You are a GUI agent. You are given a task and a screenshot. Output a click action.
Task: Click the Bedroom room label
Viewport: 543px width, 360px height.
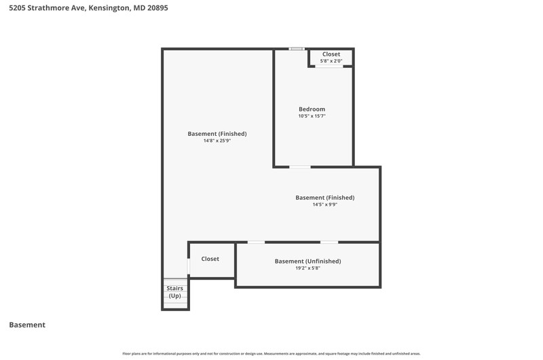[312, 109]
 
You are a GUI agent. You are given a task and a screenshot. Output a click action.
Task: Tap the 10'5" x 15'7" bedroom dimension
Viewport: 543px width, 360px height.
[312, 116]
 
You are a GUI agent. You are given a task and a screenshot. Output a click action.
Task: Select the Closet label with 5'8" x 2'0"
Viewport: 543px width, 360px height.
[331, 54]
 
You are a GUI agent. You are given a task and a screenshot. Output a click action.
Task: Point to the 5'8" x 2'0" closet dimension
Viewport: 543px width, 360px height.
[331, 61]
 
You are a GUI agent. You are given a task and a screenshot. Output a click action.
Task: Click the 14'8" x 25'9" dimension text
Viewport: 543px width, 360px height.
[217, 141]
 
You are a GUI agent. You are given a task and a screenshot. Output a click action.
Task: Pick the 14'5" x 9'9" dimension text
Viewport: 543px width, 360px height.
[325, 204]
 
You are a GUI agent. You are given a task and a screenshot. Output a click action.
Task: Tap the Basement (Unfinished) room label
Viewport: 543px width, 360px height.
[308, 262]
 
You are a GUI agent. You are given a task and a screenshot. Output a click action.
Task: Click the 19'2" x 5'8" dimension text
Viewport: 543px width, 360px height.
[308, 268]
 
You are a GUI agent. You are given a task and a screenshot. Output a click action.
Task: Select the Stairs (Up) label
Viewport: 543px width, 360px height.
[175, 292]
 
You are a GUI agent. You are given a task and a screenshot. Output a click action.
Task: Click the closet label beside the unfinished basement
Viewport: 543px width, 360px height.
[210, 259]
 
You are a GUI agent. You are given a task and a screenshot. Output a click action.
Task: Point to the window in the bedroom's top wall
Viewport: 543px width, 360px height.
[297, 49]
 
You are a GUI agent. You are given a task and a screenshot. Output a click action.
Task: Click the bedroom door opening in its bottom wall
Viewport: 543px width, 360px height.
[300, 167]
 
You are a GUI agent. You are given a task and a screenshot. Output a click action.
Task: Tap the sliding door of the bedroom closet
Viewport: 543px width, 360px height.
[329, 66]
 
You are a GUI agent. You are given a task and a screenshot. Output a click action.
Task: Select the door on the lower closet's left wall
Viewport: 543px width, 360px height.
[189, 266]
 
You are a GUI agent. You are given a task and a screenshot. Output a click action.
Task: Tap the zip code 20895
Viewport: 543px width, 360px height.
[157, 7]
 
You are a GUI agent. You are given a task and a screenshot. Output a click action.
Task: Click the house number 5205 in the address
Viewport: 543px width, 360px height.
[17, 7]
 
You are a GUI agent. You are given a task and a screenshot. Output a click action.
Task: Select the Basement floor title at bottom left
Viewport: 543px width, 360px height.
[27, 325]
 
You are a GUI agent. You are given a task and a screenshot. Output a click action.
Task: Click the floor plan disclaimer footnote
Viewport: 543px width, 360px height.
[271, 354]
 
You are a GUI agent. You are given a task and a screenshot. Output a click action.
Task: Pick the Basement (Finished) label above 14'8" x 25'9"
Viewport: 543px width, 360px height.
[217, 134]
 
